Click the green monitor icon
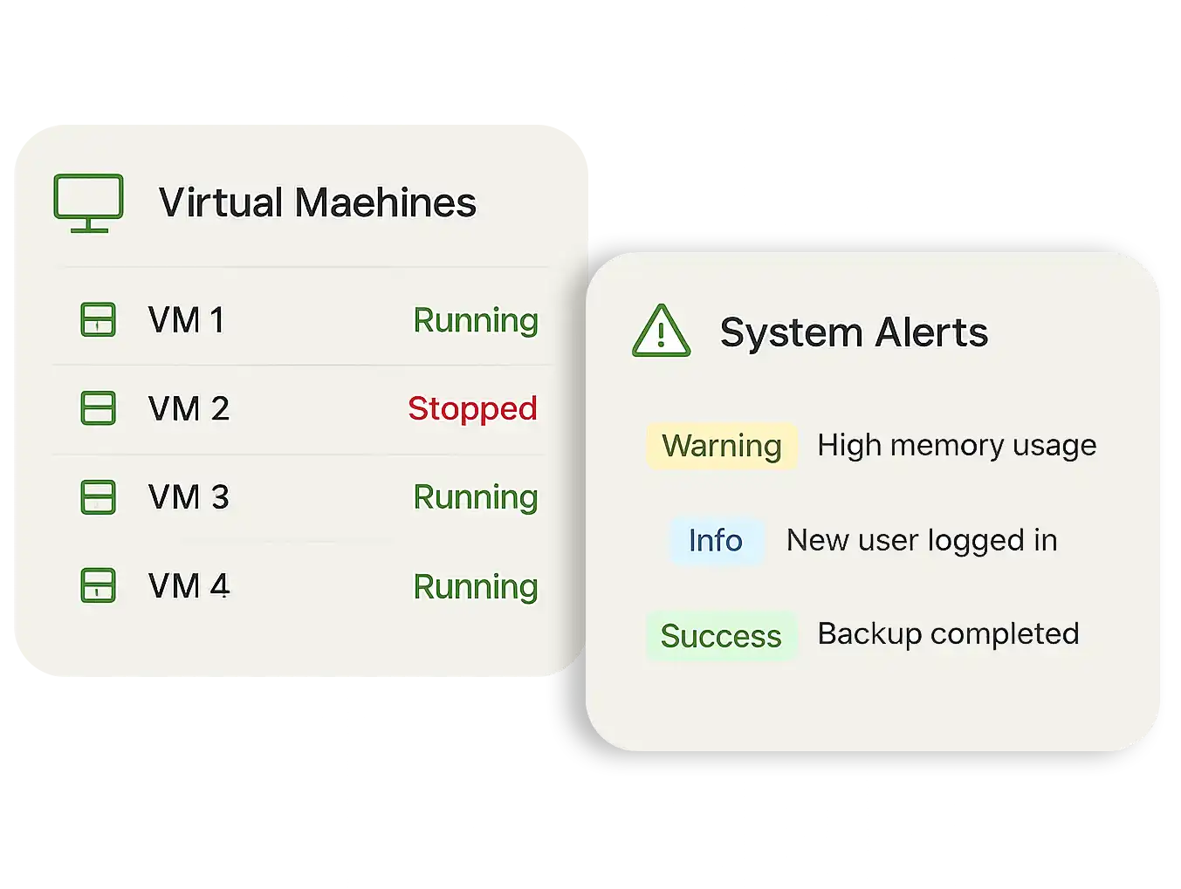(x=88, y=202)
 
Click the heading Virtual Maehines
(x=317, y=202)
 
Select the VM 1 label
(x=187, y=320)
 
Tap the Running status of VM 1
(x=475, y=320)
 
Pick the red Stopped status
(x=472, y=408)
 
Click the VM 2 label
(x=189, y=408)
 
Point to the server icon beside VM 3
(x=98, y=496)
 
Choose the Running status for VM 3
(x=475, y=497)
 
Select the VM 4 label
(x=189, y=586)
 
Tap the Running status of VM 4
(x=475, y=586)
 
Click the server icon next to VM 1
(x=98, y=320)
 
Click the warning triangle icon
(x=661, y=332)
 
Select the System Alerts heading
(x=854, y=332)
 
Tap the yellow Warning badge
(x=722, y=446)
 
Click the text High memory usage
(x=957, y=446)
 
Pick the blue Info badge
(x=716, y=540)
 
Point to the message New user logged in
(x=922, y=540)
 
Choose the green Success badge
(x=721, y=636)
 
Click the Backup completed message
(x=948, y=633)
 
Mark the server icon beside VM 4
(x=98, y=585)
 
